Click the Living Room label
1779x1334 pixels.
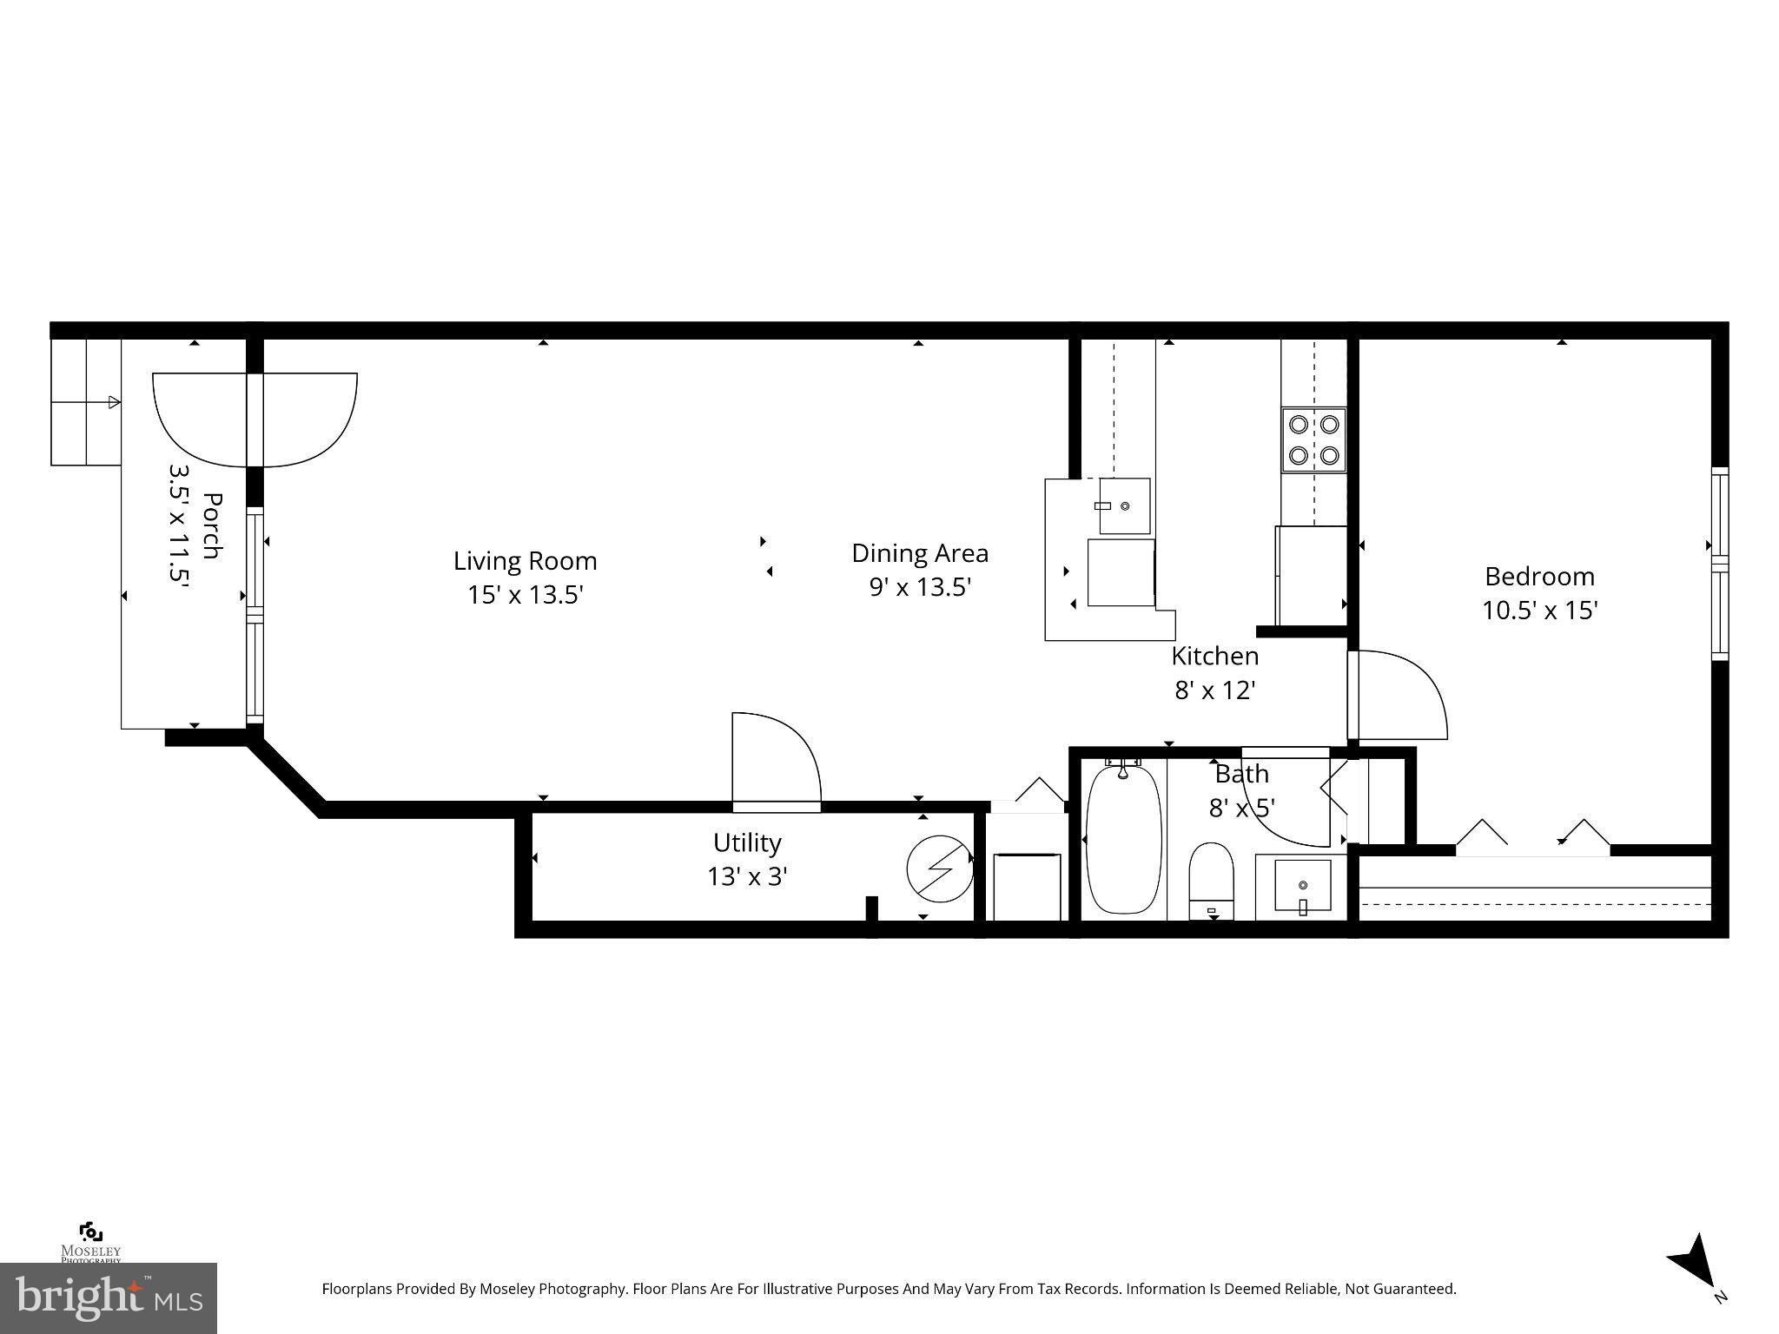[x=525, y=561]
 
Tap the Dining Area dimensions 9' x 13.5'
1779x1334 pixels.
[x=920, y=588]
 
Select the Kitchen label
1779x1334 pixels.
[x=1214, y=656]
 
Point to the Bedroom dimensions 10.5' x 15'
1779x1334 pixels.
[x=1540, y=611]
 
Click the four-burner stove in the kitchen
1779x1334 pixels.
[x=1313, y=439]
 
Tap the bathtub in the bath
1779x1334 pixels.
[x=1123, y=839]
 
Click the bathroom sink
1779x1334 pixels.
[x=1302, y=887]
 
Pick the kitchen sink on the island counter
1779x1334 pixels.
[x=1125, y=505]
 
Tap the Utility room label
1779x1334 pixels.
[x=747, y=842]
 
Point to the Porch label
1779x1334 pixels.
[x=211, y=527]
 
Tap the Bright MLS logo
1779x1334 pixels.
[x=109, y=1298]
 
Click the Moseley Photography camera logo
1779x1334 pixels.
[x=90, y=1232]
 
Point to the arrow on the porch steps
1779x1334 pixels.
[x=113, y=402]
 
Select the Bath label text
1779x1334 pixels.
[x=1241, y=774]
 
